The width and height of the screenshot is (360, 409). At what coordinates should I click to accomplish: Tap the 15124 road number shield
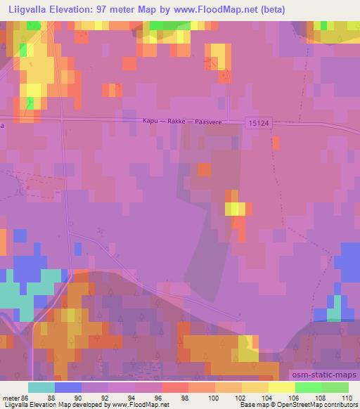coord(258,122)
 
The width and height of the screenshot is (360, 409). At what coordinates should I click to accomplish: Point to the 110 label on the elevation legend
coord(347,398)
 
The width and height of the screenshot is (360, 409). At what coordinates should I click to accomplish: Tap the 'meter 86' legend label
coord(15,398)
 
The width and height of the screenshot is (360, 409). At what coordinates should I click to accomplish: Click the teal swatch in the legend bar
coord(41,387)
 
